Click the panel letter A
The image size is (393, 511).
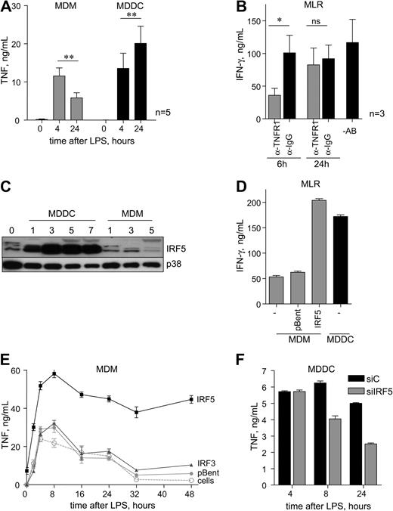point(9,8)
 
